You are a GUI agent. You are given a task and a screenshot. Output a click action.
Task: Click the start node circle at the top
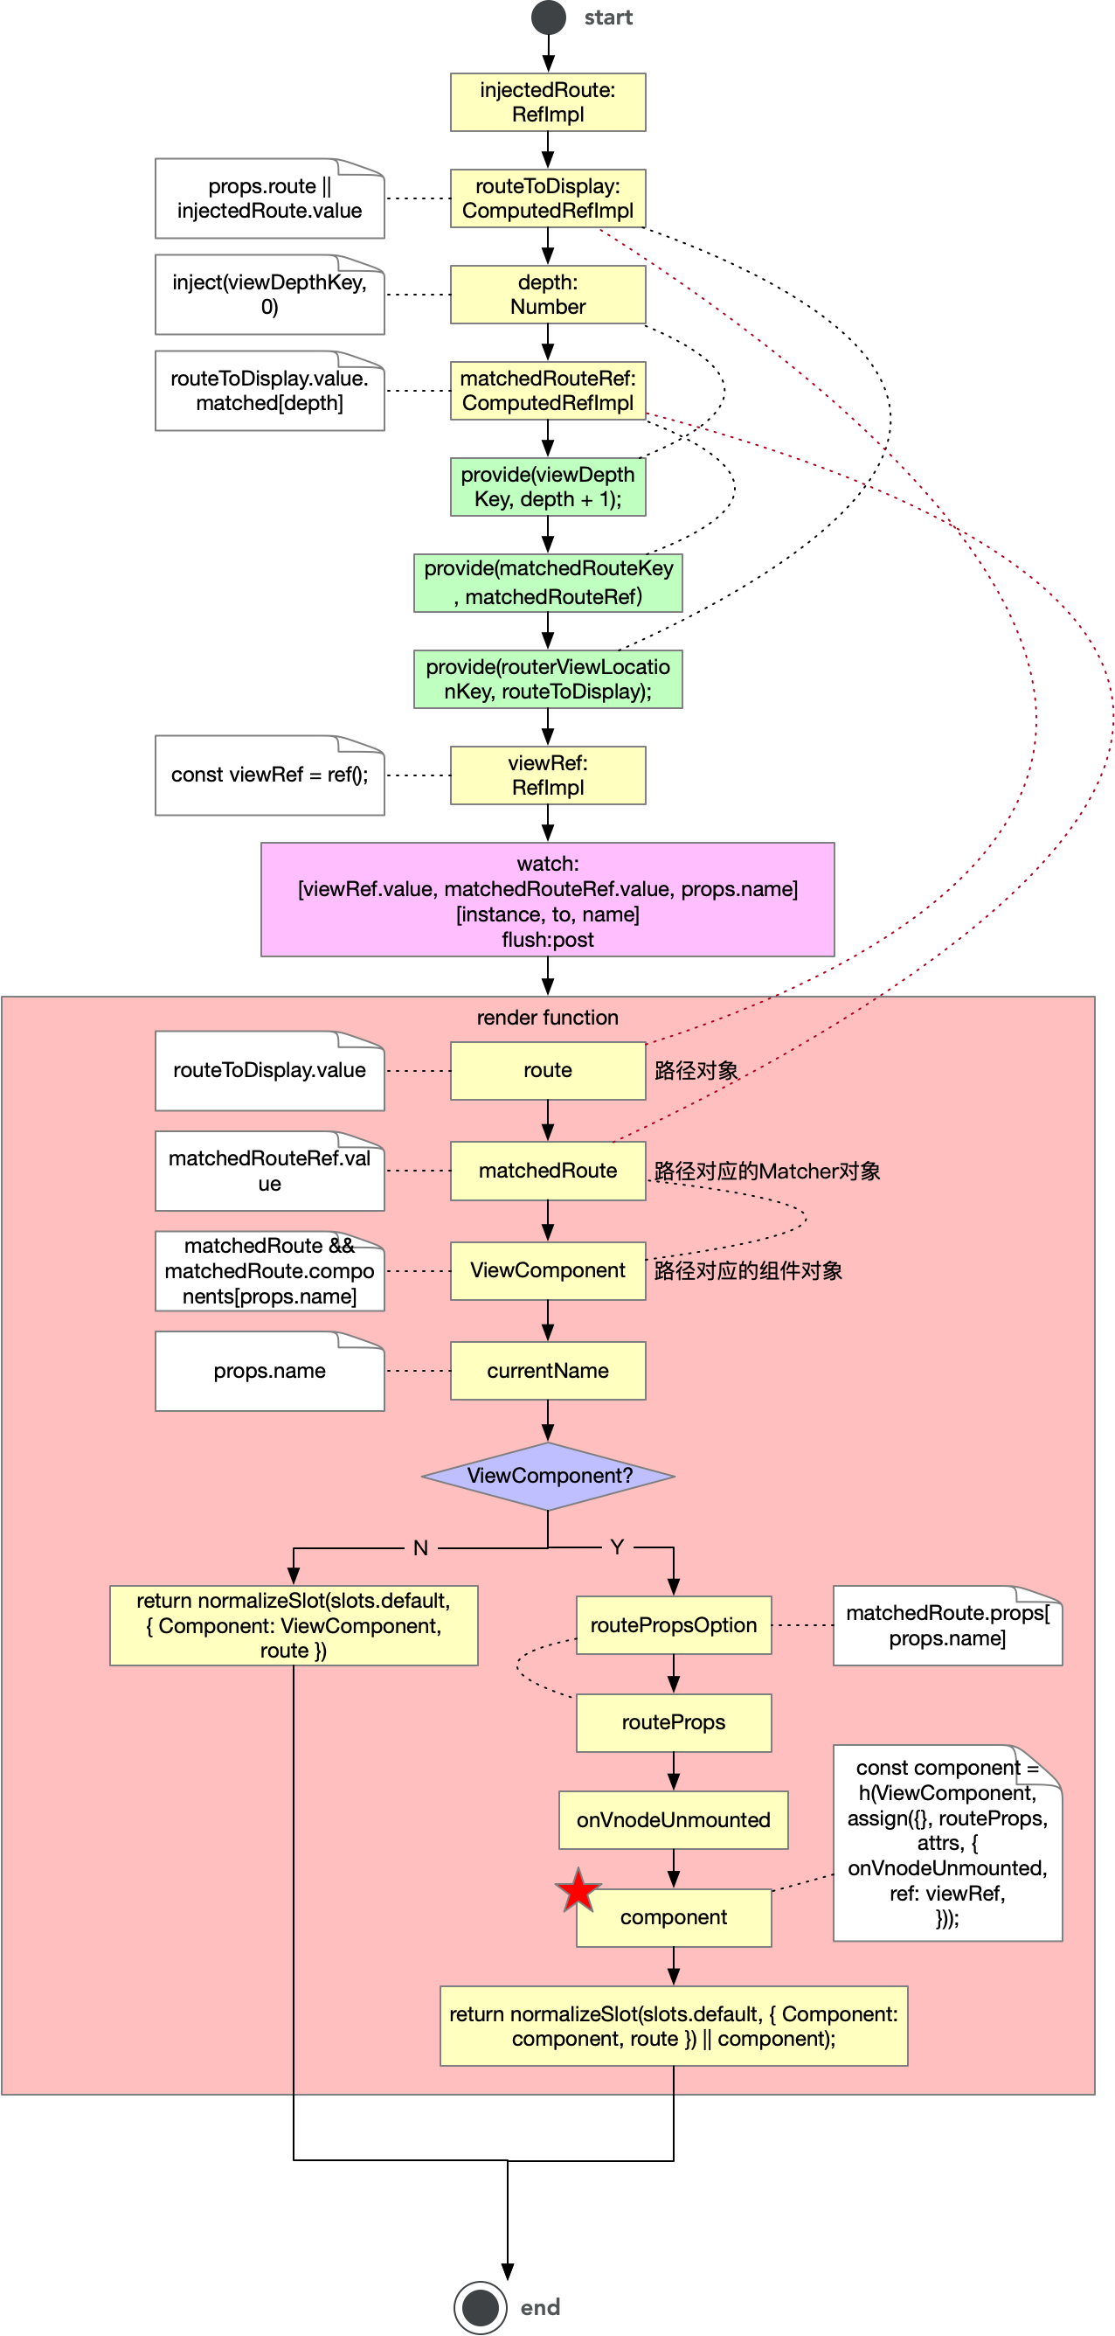[x=549, y=17]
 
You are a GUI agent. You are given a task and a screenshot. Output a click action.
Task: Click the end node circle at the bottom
[x=480, y=2306]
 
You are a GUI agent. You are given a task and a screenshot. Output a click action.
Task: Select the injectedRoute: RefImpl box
[x=548, y=102]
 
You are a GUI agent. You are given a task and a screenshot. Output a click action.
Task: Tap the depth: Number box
[x=548, y=295]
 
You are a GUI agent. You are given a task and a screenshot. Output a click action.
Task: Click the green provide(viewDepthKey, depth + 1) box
[x=548, y=487]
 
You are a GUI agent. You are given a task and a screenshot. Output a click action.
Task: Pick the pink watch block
[x=548, y=900]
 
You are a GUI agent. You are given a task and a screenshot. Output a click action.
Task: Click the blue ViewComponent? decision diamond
[x=548, y=1476]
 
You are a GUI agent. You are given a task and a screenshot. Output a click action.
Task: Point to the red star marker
[x=578, y=1892]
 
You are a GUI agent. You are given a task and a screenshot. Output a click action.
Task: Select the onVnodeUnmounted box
[x=673, y=1820]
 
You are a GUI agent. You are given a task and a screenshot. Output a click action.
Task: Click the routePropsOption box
[x=673, y=1625]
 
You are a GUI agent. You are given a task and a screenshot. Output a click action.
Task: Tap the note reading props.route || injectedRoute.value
[x=269, y=198]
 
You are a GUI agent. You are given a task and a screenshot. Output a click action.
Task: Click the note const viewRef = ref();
[x=269, y=775]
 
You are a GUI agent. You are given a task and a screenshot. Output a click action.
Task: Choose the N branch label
[x=420, y=1548]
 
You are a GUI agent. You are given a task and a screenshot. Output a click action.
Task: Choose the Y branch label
[x=616, y=1547]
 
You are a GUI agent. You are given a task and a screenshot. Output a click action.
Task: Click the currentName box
[x=548, y=1370]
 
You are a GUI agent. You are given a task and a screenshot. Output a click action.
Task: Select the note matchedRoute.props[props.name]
[x=946, y=1626]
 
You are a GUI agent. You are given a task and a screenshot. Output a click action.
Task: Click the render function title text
[x=548, y=1018]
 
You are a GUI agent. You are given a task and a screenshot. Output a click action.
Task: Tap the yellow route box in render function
[x=548, y=1070]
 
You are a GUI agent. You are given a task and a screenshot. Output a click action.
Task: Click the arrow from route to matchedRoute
[x=548, y=1121]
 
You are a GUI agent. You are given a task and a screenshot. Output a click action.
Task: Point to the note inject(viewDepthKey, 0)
[x=269, y=295]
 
